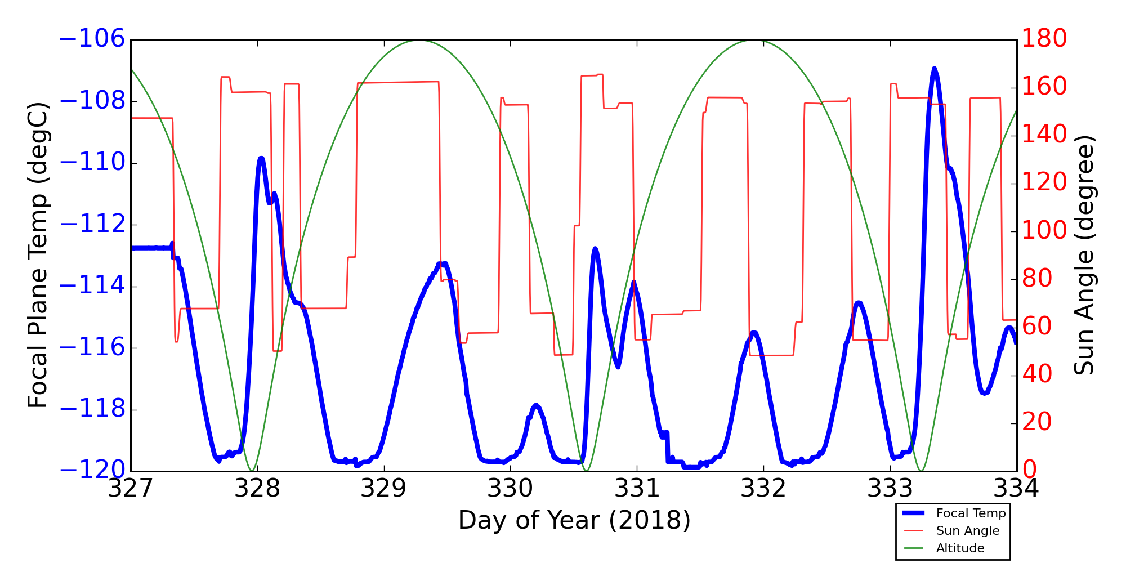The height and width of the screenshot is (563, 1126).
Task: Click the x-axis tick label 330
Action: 511,489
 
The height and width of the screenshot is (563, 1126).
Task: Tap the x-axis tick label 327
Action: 131,489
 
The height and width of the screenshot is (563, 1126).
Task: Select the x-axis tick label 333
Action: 890,489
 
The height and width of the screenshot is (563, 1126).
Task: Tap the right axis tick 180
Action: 1044,39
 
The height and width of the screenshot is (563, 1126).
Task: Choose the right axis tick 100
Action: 1044,231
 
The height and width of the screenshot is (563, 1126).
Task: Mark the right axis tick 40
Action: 1037,374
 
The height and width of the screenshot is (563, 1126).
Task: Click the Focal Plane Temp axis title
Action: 38,255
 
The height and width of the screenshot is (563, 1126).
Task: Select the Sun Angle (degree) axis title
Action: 1084,255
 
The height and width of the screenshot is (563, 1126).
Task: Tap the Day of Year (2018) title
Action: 574,521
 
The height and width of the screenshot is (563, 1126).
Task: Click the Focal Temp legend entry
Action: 970,513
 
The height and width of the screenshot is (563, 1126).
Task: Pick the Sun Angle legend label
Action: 967,531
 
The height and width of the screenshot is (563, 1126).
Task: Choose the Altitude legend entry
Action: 960,548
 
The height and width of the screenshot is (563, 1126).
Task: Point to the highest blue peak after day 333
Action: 935,69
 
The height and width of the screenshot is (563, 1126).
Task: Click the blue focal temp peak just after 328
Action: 261,158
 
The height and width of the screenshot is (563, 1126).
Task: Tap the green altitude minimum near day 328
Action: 252,470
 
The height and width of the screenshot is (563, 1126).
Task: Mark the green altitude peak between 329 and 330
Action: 418,40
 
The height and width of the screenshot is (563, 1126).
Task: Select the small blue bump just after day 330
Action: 536,405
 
